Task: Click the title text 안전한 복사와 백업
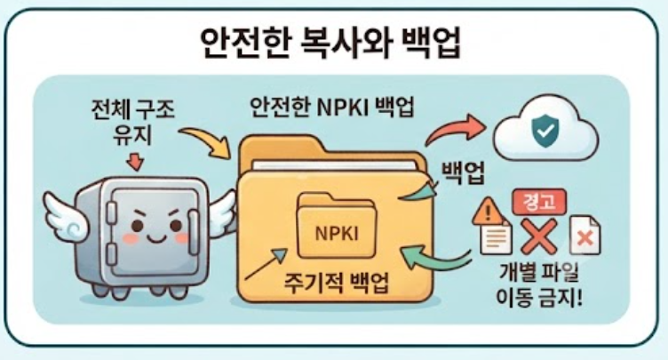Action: [x=330, y=44]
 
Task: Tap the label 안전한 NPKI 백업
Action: [x=332, y=108]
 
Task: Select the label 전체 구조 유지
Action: [x=133, y=123]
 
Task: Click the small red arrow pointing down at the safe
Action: [x=136, y=162]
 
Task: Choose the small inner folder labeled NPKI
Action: [x=337, y=226]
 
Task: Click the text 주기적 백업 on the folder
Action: [x=336, y=283]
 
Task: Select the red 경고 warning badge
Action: [x=539, y=202]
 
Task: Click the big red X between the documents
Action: [x=539, y=236]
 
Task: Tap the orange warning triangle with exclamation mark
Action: [x=489, y=211]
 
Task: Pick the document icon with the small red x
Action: [x=585, y=235]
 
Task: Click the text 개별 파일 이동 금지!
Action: [x=539, y=284]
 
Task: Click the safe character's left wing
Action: [x=66, y=218]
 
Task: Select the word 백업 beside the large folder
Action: [x=463, y=172]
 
